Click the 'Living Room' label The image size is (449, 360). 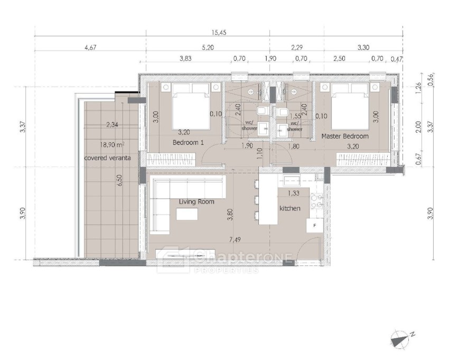coord(197,201)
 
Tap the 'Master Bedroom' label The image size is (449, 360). coord(345,136)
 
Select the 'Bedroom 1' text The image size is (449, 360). coord(188,142)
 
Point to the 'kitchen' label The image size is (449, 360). coord(290,208)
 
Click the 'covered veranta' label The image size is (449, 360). coord(107,158)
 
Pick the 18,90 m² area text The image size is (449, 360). coord(112,144)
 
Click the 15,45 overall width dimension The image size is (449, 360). coord(219,32)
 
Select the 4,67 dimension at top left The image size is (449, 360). coord(90,47)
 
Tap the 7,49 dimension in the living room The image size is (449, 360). coord(235,239)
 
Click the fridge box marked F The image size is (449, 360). coord(315,226)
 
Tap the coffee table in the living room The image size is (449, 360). coord(187,214)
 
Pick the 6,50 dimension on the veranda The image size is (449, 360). coord(119,180)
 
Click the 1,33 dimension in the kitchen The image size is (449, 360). coord(294,193)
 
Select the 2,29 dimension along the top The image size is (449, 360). coord(297,47)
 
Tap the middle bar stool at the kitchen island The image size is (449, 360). coord(256,199)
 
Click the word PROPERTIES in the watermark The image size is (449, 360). coord(226,270)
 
